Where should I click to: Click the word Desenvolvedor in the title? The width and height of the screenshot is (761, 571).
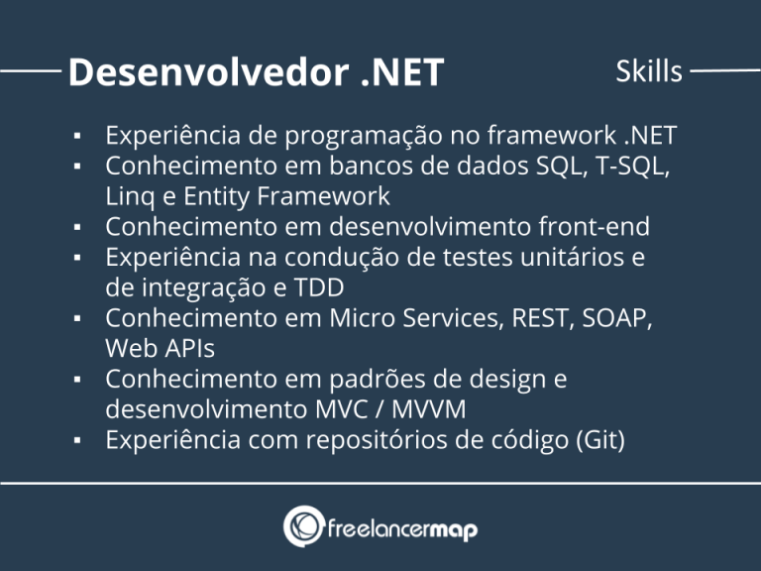click(203, 71)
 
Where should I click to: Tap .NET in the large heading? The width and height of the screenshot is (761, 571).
click(397, 71)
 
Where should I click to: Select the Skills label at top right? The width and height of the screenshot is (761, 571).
click(649, 71)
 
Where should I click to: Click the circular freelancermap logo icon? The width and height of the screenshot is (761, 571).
click(303, 526)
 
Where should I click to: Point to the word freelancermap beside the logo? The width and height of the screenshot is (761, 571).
click(401, 528)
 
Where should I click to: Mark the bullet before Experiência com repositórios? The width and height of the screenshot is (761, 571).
click(76, 441)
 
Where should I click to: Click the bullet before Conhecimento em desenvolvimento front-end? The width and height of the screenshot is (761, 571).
click(76, 227)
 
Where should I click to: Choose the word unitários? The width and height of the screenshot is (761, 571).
click(573, 257)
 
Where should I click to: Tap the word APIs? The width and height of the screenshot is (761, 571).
click(188, 349)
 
